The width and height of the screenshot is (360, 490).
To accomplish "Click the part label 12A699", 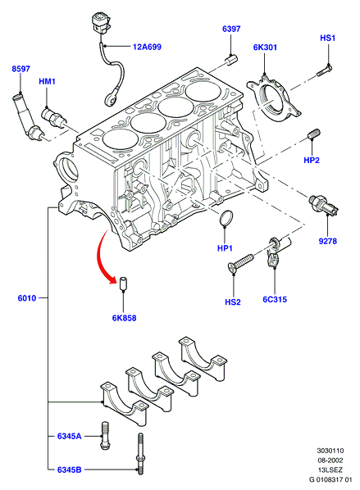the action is click(x=147, y=47).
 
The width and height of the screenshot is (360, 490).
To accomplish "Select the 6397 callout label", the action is click(x=231, y=29).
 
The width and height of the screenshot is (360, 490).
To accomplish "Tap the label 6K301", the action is click(x=265, y=48).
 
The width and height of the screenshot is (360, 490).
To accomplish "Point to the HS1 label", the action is click(x=328, y=39).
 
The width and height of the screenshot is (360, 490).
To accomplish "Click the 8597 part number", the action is click(x=21, y=69).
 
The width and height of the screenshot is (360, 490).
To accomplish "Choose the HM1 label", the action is click(x=48, y=82).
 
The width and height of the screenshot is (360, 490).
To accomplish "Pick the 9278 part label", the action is click(x=328, y=241).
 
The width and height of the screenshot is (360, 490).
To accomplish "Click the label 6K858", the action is click(x=124, y=318).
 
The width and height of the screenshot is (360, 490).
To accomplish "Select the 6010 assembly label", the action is click(x=27, y=298).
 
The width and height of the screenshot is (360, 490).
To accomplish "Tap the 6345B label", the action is click(x=69, y=470).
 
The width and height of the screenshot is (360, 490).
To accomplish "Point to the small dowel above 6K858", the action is click(x=124, y=284).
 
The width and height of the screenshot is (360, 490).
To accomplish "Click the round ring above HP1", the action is click(x=226, y=217).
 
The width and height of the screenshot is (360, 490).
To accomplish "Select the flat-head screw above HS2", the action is click(x=240, y=262).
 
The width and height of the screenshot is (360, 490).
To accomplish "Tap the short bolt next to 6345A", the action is click(x=105, y=435).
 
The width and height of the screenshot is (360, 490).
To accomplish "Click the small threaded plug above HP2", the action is click(x=313, y=134).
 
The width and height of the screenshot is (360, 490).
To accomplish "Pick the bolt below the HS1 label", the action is click(x=325, y=70).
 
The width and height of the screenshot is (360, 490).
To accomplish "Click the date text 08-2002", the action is click(x=330, y=460).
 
